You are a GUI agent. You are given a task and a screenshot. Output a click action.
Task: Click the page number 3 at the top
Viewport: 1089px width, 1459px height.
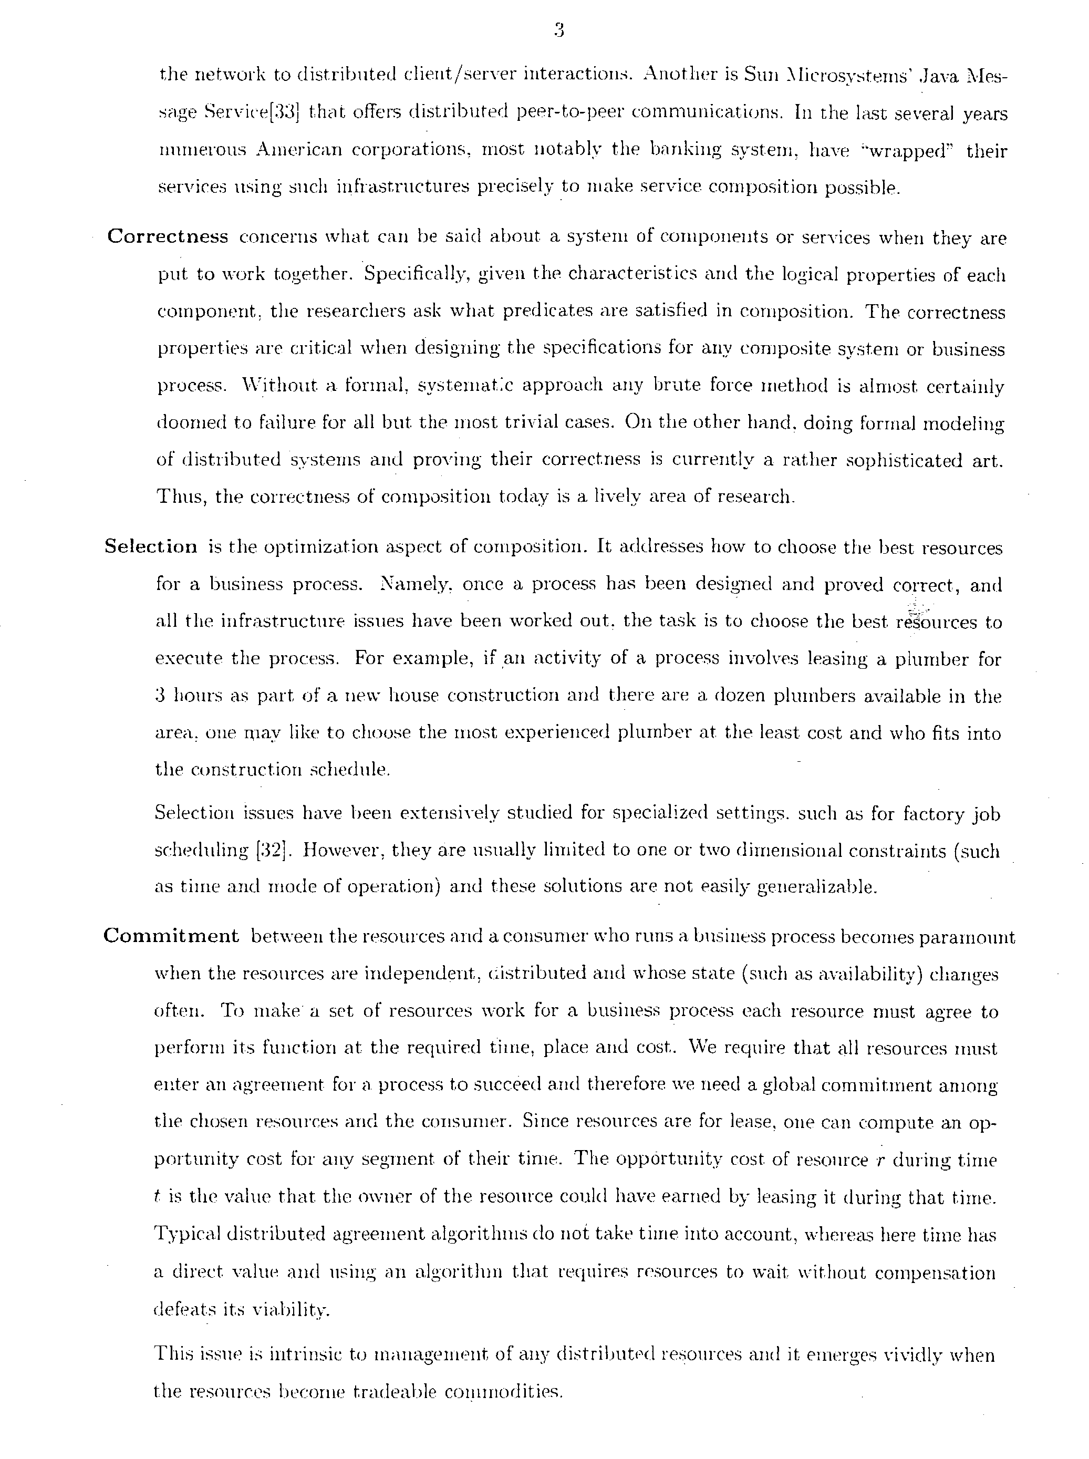pyautogui.click(x=558, y=31)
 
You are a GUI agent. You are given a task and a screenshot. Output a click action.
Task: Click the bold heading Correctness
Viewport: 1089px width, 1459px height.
pyautogui.click(x=168, y=236)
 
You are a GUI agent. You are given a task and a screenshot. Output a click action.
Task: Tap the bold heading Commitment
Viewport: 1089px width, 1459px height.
pyautogui.click(x=171, y=936)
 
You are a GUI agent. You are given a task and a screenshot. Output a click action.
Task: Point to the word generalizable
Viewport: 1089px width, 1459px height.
pyautogui.click(x=815, y=887)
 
